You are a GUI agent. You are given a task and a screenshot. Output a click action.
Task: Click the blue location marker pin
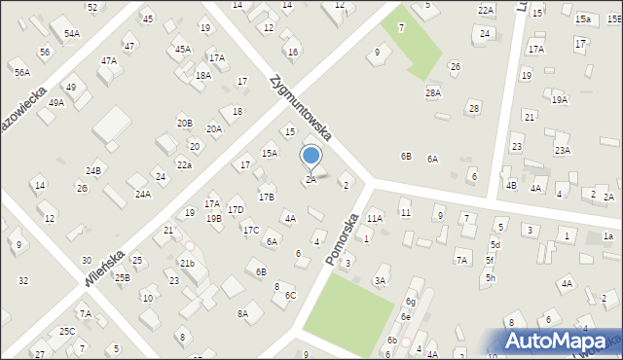click(311, 157)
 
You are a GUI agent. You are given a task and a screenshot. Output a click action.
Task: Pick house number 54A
click(72, 33)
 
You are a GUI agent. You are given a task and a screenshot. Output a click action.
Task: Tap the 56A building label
click(21, 72)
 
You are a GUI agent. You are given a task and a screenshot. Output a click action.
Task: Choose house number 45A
click(182, 49)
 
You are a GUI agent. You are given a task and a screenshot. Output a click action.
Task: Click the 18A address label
click(202, 75)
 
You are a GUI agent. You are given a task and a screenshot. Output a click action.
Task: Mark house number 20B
click(184, 123)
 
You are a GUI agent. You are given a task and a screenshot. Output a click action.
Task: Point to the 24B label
click(92, 171)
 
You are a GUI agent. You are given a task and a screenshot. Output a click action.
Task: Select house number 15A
click(270, 153)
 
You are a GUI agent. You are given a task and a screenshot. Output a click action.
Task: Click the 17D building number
click(236, 209)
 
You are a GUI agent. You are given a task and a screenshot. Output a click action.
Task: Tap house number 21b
click(187, 263)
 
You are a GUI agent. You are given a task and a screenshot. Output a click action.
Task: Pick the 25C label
click(66, 331)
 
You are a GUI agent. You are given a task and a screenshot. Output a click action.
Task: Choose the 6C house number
click(290, 294)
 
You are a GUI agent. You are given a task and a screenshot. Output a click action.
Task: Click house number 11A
click(375, 219)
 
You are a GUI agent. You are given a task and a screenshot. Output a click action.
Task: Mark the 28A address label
click(433, 92)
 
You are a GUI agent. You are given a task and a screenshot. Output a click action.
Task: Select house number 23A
click(563, 150)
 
